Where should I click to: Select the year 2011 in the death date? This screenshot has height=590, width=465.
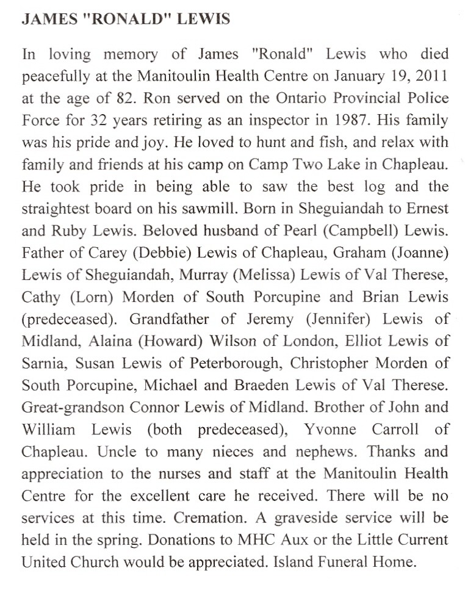(434, 76)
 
